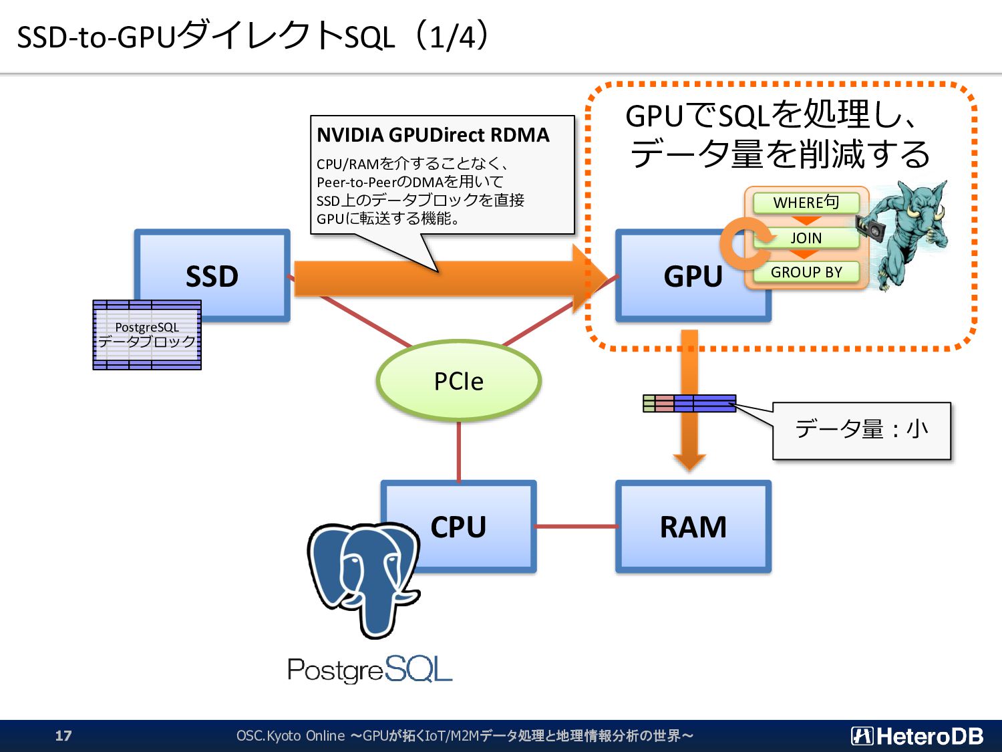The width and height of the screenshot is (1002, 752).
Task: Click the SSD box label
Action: [212, 276]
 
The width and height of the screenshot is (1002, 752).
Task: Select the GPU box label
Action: [693, 276]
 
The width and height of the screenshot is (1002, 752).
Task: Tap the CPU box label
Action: [458, 527]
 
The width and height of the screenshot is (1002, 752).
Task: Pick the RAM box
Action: [693, 527]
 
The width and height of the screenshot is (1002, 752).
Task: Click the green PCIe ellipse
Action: [459, 380]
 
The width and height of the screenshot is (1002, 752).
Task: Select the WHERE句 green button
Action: [806, 203]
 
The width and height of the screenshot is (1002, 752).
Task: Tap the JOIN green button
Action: [806, 238]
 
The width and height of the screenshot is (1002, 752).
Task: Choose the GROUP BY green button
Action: [806, 272]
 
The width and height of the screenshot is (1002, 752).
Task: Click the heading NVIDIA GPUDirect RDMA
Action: [433, 135]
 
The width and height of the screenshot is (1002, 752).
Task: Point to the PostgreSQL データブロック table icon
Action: [147, 335]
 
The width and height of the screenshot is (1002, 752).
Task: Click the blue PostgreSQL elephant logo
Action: [364, 580]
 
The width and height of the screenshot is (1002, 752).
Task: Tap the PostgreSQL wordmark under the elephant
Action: [370, 670]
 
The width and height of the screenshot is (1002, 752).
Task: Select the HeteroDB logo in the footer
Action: [917, 736]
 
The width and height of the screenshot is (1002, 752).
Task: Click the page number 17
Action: [63, 735]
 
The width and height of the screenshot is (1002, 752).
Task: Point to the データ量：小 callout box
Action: [862, 430]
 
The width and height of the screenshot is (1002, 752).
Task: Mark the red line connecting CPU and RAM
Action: [576, 527]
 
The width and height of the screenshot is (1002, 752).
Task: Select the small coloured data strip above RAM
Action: [689, 403]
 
